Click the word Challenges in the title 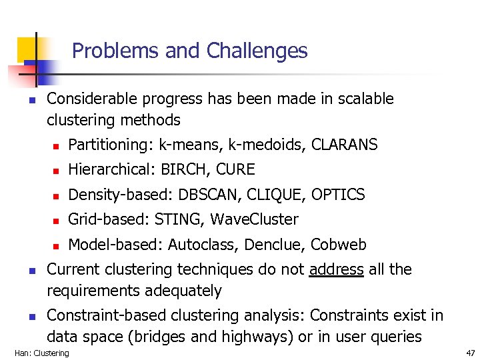coord(257,51)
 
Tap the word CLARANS coord(345,145)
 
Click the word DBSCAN coord(209,195)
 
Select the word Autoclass coord(203,245)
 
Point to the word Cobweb coord(339,245)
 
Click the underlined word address coord(337,269)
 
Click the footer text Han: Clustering coord(41,353)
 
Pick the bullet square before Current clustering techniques coord(31,271)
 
